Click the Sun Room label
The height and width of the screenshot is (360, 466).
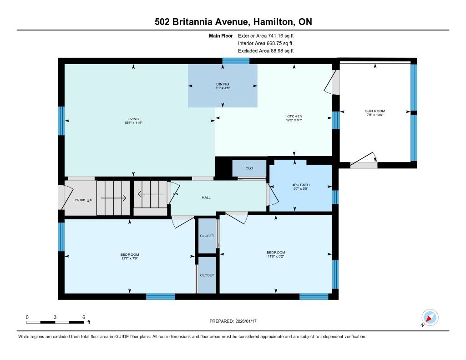[x=375, y=111]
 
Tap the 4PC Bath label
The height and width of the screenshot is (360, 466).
[x=301, y=185]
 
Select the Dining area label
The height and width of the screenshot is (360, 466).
[x=223, y=84]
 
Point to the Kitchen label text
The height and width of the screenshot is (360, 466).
[x=294, y=116]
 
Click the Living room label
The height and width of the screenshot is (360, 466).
[x=133, y=119]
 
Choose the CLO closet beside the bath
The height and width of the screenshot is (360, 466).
[x=249, y=168]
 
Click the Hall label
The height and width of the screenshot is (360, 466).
[x=206, y=198]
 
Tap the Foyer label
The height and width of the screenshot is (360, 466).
[x=80, y=200]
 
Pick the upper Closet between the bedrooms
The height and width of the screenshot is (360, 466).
[x=207, y=236]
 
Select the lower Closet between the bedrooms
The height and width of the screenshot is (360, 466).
[x=207, y=275]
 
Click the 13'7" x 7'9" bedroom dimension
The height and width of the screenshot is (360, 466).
[x=130, y=259]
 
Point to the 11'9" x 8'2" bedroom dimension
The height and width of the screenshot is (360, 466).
[x=276, y=256]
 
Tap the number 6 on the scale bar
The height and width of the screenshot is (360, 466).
[x=84, y=317]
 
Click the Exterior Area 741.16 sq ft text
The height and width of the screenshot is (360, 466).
[x=266, y=35]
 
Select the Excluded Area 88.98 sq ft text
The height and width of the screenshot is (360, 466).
[x=266, y=51]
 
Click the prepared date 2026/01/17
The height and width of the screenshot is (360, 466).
[x=246, y=321]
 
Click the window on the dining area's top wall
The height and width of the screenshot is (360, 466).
[x=236, y=61]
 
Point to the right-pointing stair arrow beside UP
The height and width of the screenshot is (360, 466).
[x=113, y=198]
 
